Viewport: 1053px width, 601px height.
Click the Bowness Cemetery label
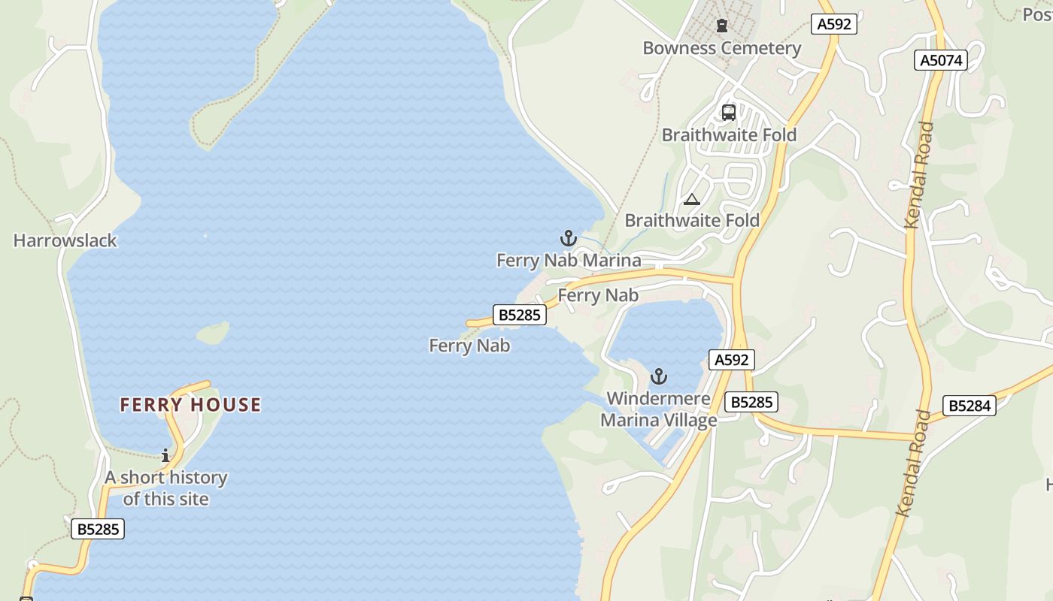coord(721,48)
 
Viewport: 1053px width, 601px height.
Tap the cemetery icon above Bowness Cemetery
coord(722,26)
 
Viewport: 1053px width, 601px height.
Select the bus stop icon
coord(728,113)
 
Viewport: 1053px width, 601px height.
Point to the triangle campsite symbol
coord(692,199)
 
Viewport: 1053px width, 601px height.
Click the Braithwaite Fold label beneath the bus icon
coord(728,135)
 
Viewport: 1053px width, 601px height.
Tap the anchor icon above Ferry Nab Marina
coord(569,239)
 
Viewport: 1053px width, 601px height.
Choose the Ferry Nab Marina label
coord(569,261)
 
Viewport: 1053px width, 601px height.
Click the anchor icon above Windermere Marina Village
coord(659,376)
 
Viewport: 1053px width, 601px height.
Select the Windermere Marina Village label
coord(658,409)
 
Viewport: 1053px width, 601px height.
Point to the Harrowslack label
coord(65,241)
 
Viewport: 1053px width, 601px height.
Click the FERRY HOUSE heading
coord(190,405)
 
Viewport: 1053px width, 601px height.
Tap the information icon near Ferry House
coord(165,455)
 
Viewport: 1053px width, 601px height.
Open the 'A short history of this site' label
coord(165,488)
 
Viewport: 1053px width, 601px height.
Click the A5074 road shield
coord(940,60)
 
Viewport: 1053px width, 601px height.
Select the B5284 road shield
coord(970,406)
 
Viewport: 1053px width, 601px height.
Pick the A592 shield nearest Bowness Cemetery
coord(834,24)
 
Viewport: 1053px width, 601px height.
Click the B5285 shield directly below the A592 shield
coord(751,402)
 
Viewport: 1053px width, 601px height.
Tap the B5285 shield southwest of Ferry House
coord(98,529)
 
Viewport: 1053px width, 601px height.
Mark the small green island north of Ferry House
coord(213,333)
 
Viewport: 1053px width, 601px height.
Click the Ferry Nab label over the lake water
coord(469,346)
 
